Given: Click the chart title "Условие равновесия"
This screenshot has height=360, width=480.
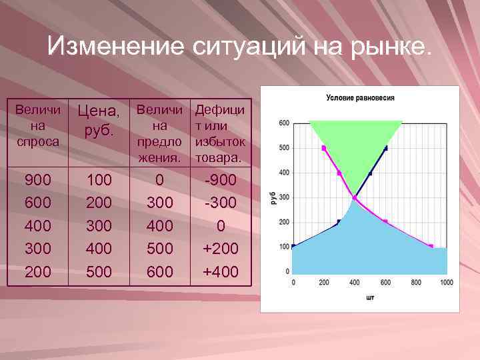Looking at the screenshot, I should tap(360, 97).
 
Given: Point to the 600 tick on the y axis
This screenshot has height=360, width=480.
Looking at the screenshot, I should tap(284, 123).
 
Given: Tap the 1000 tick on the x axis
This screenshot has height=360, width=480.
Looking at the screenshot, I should tap(446, 283).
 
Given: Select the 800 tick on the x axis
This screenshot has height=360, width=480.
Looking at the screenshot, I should tap(416, 283).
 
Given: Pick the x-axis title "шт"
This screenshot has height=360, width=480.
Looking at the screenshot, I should tap(370, 297).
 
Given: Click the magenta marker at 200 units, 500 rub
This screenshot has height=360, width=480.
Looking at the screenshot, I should tap(324, 147).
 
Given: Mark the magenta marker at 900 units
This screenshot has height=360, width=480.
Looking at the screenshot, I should tap(431, 247).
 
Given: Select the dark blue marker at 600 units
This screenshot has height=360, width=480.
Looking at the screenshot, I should tap(385, 148).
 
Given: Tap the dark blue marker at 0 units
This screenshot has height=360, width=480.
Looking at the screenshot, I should tap(293, 247).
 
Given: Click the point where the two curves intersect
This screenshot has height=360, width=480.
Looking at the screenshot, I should tap(355, 198).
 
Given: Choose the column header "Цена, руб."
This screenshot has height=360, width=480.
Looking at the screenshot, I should tap(100, 119).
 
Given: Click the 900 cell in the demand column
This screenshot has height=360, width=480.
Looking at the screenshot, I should tap(37, 181).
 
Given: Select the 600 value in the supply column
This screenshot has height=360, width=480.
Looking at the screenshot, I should tap(159, 271).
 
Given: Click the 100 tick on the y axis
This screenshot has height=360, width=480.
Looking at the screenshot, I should tap(284, 247).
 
